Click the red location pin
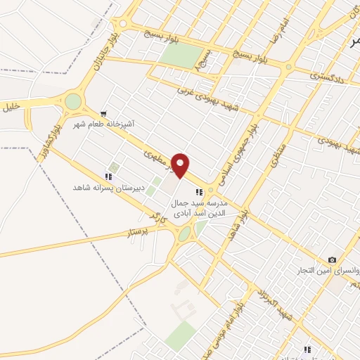(x=181, y=165)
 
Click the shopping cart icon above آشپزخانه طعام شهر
(x=104, y=113)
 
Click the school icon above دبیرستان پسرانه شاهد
(x=108, y=177)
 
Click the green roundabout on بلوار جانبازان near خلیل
(x=73, y=102)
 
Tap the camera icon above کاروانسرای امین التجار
(x=332, y=260)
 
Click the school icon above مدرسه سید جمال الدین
(x=199, y=191)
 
